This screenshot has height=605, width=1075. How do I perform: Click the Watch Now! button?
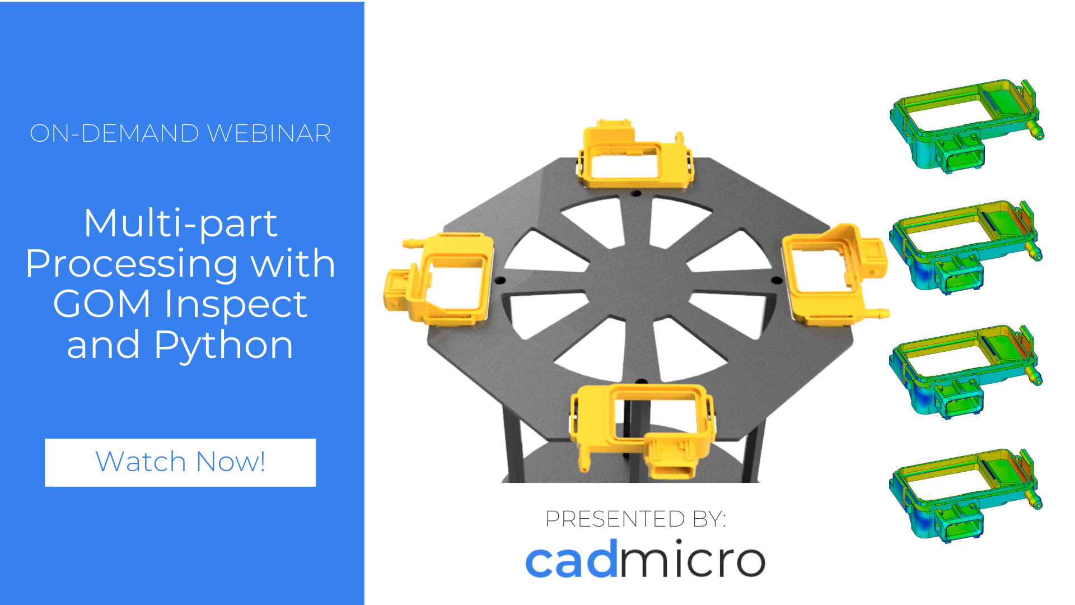click(x=180, y=462)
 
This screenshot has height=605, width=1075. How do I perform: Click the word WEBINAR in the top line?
click(x=269, y=133)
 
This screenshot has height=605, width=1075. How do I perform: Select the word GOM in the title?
click(x=102, y=304)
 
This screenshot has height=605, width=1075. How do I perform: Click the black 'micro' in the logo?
click(x=692, y=559)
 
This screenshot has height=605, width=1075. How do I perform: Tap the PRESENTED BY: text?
click(x=635, y=519)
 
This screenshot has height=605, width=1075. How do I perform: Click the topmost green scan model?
click(x=966, y=127)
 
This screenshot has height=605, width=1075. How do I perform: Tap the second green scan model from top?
click(x=966, y=248)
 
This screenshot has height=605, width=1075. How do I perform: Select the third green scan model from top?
click(x=966, y=372)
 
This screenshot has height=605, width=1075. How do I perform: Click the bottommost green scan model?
click(x=966, y=496)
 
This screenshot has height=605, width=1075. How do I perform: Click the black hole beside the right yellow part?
click(x=777, y=280)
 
